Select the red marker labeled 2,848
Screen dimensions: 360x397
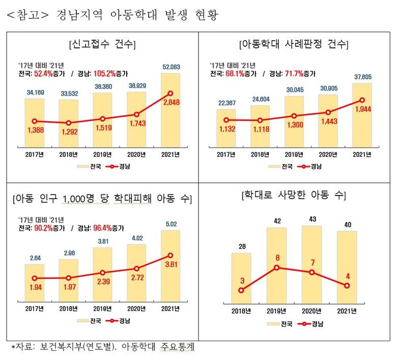[171, 93]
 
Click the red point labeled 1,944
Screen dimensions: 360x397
[361, 100]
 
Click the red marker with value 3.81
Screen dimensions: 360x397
[171, 255]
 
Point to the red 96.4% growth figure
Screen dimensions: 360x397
[105, 228]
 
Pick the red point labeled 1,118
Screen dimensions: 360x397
[260, 120]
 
